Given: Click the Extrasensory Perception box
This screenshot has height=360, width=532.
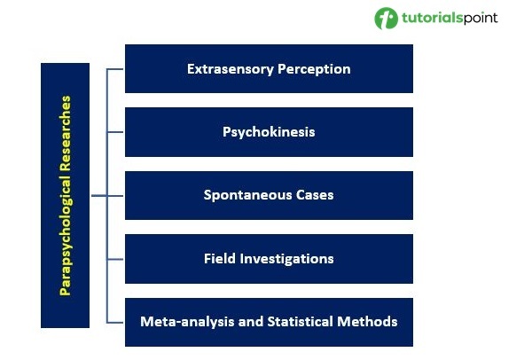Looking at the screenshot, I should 269,68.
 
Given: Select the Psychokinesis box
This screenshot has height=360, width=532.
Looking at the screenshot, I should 269,132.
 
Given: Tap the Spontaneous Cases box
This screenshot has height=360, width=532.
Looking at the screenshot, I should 269,195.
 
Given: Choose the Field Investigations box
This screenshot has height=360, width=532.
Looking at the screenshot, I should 269,259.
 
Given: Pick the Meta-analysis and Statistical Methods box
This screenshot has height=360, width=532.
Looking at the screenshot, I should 269,321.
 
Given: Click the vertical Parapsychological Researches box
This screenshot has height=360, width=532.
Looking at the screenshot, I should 65,195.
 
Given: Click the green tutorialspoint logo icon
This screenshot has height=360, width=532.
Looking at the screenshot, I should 386,19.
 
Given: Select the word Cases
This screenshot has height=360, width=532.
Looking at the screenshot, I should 314,195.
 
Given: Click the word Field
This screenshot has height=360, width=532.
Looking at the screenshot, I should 219,259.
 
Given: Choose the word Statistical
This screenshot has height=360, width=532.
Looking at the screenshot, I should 300,321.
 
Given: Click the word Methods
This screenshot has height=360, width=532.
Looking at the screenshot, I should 371,321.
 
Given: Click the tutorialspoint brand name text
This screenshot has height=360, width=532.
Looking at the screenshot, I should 450,19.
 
